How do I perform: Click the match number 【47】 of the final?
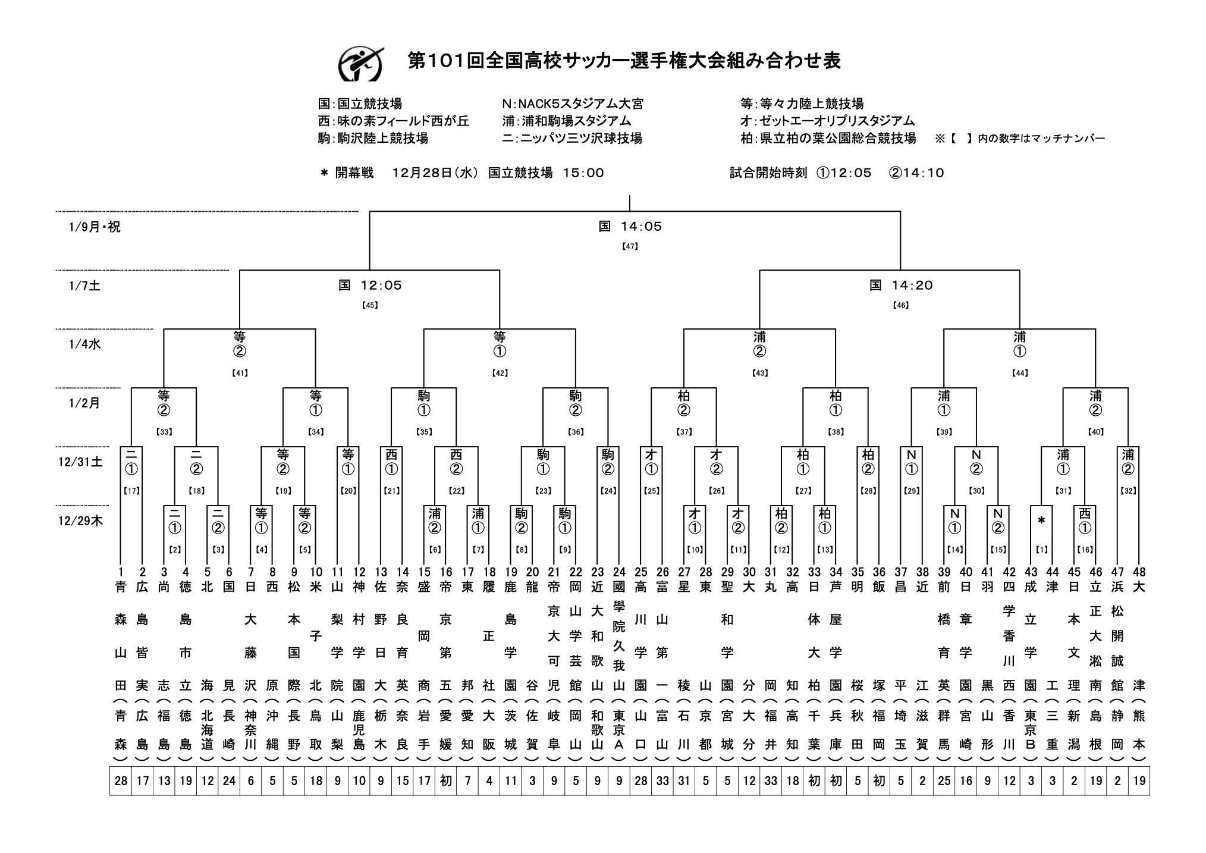(630, 245)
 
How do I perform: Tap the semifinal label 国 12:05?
(370, 286)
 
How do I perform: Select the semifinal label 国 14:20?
(901, 286)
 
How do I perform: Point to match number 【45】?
(370, 305)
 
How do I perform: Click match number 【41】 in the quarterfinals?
(240, 373)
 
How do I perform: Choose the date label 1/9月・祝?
(95, 227)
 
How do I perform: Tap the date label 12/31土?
(86, 462)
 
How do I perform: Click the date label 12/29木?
(86, 520)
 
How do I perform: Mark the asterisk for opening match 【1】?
(1041, 521)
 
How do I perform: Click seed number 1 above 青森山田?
(120, 572)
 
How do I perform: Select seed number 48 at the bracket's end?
(1139, 572)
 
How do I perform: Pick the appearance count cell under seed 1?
(121, 780)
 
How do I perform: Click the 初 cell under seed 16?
(446, 780)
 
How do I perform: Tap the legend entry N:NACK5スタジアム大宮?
(572, 104)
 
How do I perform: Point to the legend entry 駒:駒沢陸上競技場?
(373, 139)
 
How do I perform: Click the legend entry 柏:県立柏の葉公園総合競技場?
(828, 139)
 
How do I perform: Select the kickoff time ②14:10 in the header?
(916, 173)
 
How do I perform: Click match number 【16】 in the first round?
(1085, 550)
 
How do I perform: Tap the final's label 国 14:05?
(630, 226)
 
